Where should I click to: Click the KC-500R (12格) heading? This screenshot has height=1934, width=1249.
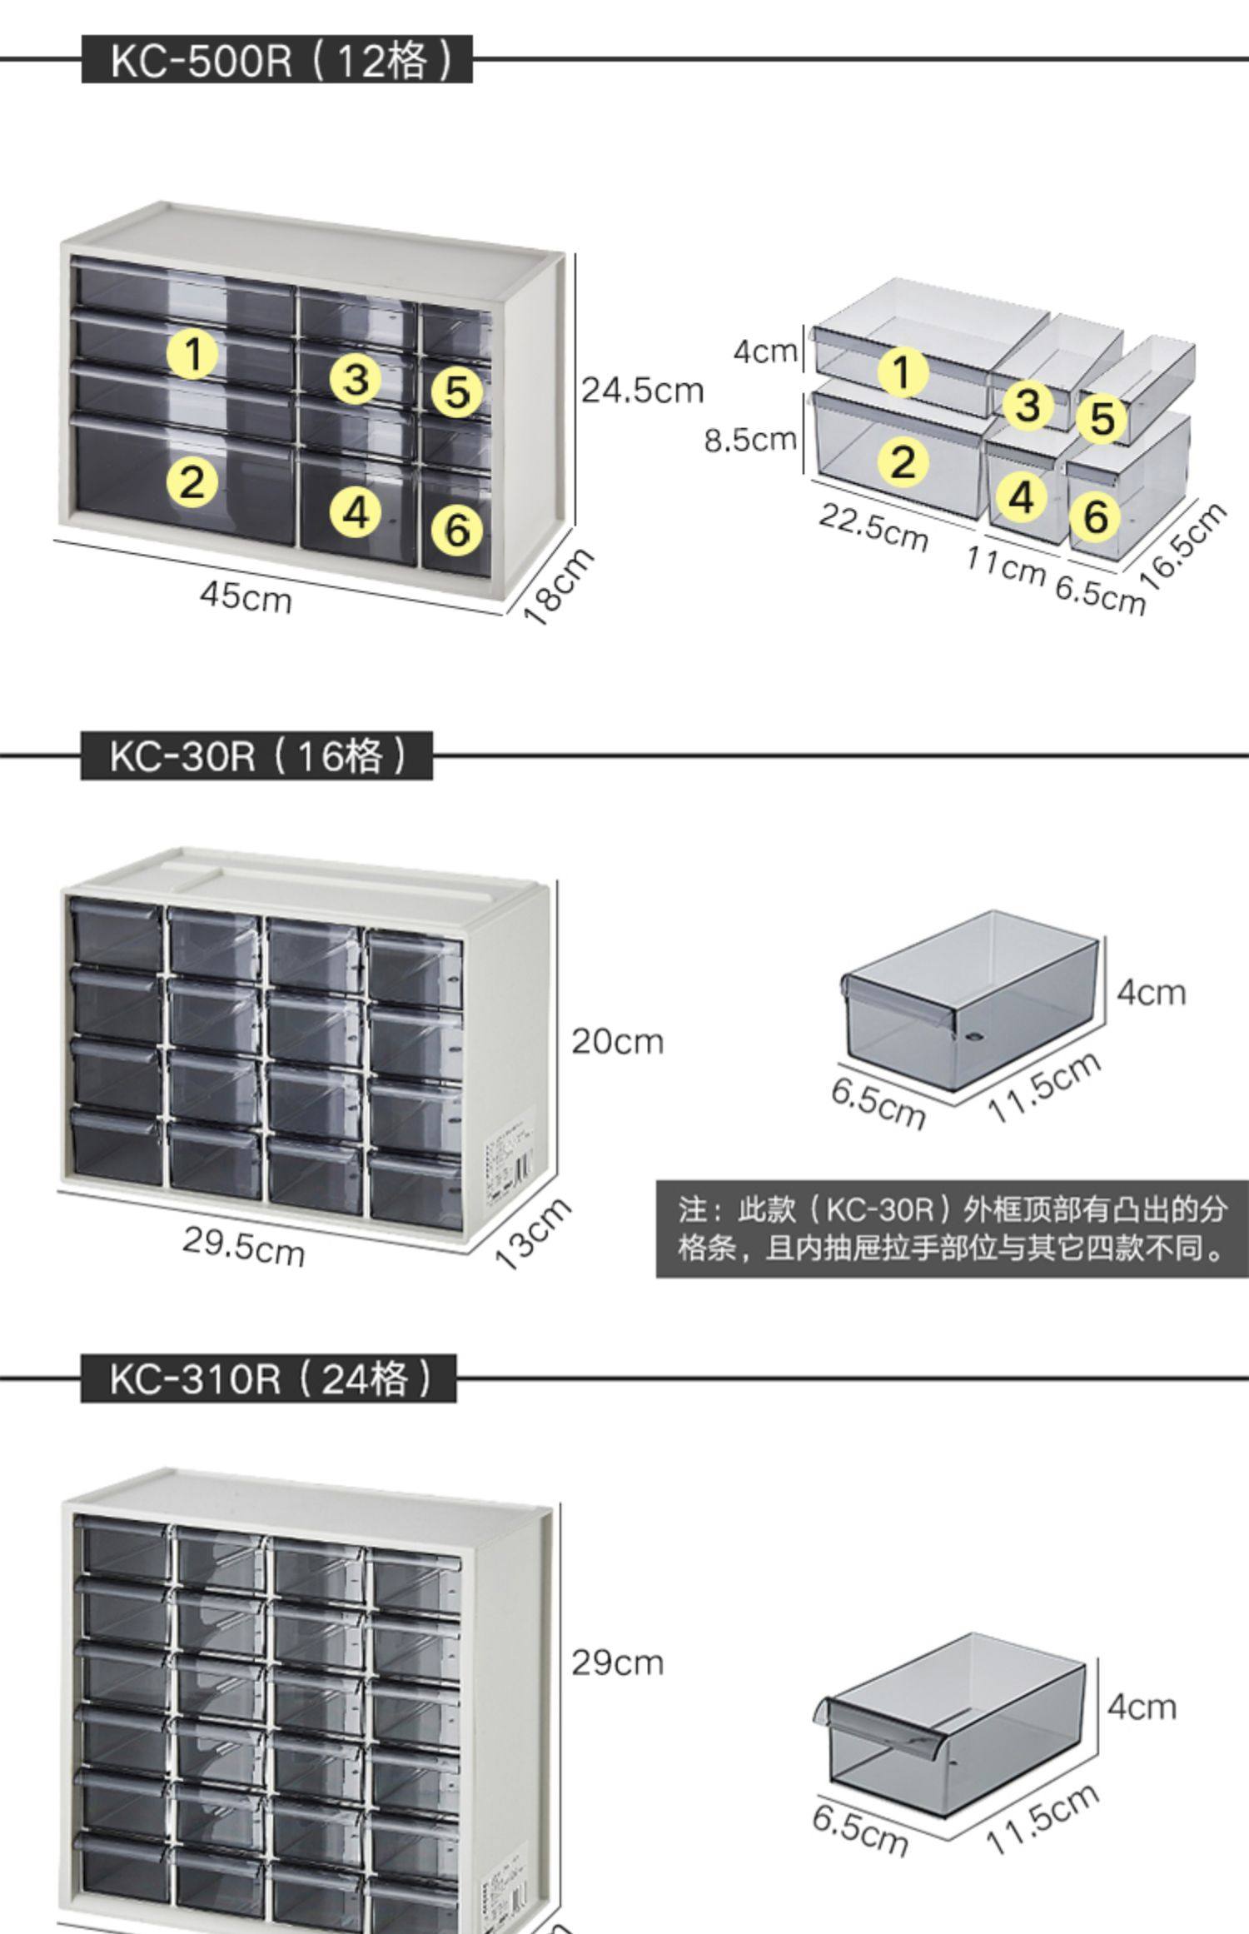pyautogui.click(x=276, y=60)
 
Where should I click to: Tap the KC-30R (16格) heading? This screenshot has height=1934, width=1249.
pyautogui.click(x=256, y=756)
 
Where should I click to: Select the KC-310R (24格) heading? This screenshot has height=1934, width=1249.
pyautogui.click(x=268, y=1379)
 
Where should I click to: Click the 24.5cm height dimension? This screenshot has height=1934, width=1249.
pyautogui.click(x=642, y=390)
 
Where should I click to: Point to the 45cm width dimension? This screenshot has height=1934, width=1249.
pyautogui.click(x=246, y=597)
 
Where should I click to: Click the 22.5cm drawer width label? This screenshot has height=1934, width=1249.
pyautogui.click(x=872, y=527)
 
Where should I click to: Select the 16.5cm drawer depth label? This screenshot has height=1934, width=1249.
pyautogui.click(x=1186, y=546)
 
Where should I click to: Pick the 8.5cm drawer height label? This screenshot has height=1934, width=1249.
pyautogui.click(x=750, y=439)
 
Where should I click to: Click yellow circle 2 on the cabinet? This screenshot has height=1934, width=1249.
pyautogui.click(x=192, y=482)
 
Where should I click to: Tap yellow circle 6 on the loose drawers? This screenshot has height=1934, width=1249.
pyautogui.click(x=1096, y=516)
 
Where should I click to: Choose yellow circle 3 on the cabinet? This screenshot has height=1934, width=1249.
pyautogui.click(x=356, y=379)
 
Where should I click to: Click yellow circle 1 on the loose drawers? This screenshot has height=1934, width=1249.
pyautogui.click(x=903, y=371)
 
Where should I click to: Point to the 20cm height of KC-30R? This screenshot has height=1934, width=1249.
pyautogui.click(x=617, y=1041)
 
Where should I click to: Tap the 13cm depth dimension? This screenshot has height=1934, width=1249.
pyautogui.click(x=534, y=1234)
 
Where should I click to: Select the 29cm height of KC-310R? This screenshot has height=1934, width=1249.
pyautogui.click(x=617, y=1663)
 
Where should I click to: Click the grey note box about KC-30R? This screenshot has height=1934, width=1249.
pyautogui.click(x=952, y=1229)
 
